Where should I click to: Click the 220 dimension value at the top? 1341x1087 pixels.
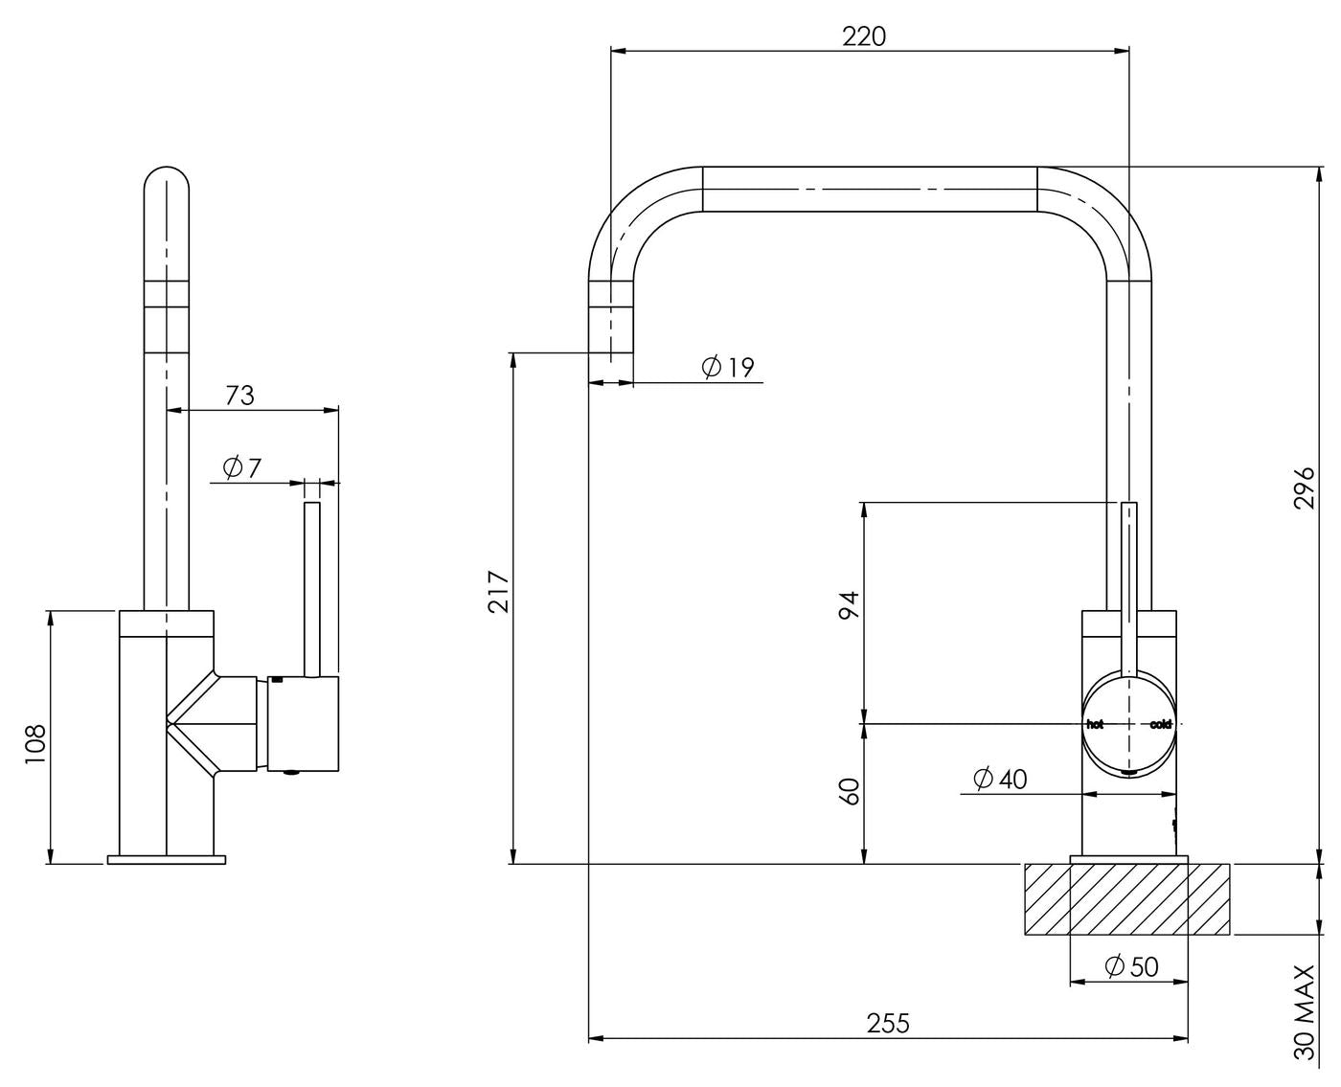[x=864, y=36]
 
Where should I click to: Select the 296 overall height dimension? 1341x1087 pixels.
[x=1305, y=487]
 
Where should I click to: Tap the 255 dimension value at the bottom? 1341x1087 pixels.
[x=888, y=1023]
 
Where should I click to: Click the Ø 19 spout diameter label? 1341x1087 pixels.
[x=728, y=367]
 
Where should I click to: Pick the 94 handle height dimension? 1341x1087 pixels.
[x=849, y=606]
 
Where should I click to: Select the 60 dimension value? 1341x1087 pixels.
[x=849, y=791]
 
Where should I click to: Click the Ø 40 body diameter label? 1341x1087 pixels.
[x=1000, y=780]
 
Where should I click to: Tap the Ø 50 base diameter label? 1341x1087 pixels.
[x=1132, y=966]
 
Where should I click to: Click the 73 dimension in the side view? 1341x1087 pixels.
[x=239, y=395]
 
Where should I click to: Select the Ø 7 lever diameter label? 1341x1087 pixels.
[x=241, y=468]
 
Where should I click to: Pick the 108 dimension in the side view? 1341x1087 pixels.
[x=35, y=743]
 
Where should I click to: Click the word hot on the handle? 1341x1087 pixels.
[x=1095, y=724]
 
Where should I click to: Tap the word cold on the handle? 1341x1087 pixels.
[x=1161, y=724]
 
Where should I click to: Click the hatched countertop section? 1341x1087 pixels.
[x=1127, y=899]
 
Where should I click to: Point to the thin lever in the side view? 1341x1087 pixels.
[x=312, y=584]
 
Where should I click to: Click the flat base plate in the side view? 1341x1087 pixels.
[x=167, y=859]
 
